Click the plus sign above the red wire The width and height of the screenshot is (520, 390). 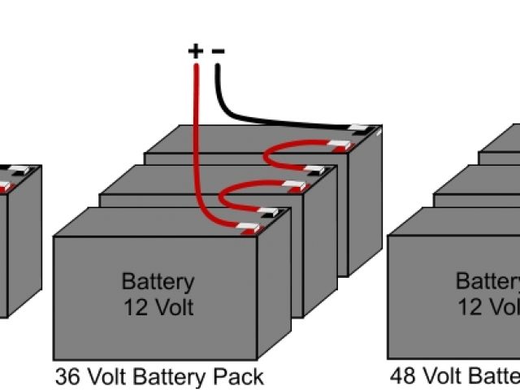[x=195, y=51]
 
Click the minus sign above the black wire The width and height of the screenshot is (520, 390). [x=218, y=51]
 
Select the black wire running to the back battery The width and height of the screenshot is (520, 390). [x=268, y=119]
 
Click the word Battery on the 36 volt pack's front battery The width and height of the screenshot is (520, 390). [x=158, y=282]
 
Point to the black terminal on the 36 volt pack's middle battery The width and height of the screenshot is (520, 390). [x=310, y=173]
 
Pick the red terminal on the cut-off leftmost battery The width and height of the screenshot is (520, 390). [x=4, y=188]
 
